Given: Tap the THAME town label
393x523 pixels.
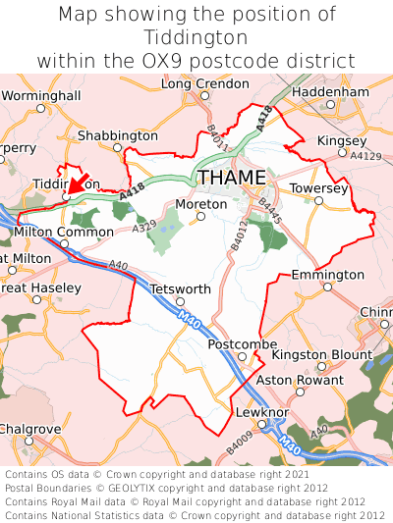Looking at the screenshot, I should click(x=232, y=178).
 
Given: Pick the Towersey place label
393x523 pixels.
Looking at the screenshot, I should click(x=319, y=186).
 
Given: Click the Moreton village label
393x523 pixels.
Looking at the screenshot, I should click(x=200, y=204).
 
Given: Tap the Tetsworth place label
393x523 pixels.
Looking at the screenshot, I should click(x=180, y=289).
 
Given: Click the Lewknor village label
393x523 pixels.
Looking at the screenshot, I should click(x=258, y=413).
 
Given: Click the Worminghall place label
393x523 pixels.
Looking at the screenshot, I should click(x=40, y=95).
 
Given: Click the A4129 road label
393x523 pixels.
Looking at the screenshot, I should click(x=365, y=156).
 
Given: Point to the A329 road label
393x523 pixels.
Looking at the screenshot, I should click(x=144, y=227).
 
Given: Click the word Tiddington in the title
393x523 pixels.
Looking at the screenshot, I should click(x=196, y=37).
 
